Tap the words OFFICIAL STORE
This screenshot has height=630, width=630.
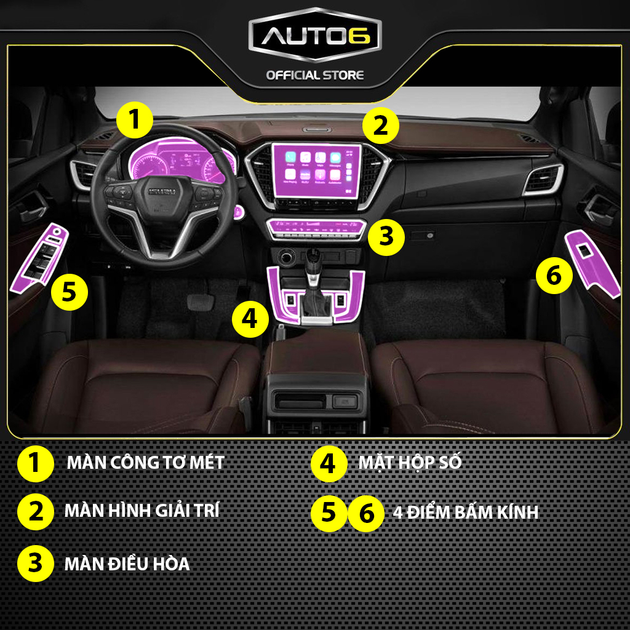[x=314, y=75]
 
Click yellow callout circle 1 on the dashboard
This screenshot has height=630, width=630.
[x=134, y=119]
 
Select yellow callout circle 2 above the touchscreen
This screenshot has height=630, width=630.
[x=380, y=127]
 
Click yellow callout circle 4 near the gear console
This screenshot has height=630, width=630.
[x=250, y=319]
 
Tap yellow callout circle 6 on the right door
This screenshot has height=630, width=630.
[x=554, y=276]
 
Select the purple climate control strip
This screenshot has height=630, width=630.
[x=316, y=229]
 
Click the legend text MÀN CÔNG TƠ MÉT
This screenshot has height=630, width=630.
[x=145, y=463]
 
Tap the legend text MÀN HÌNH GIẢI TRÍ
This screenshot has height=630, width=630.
[x=142, y=511]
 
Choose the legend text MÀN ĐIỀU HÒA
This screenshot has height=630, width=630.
[x=127, y=564]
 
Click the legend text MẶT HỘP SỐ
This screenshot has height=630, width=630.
[x=410, y=463]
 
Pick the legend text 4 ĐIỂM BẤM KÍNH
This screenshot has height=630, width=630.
[x=465, y=512]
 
